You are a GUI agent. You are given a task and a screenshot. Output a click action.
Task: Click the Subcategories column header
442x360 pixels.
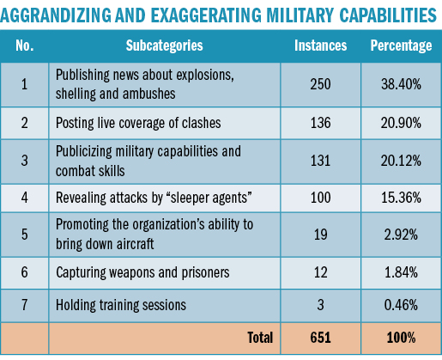tap(164, 46)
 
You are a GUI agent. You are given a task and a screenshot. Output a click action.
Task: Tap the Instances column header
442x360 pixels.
tap(320, 46)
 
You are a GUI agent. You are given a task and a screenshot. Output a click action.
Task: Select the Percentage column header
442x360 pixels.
tap(401, 46)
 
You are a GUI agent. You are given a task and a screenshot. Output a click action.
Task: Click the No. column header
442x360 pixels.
tap(25, 46)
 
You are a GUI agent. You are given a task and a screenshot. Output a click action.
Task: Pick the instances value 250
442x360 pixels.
tap(320, 84)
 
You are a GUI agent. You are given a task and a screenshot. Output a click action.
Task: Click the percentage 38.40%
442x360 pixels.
tap(401, 84)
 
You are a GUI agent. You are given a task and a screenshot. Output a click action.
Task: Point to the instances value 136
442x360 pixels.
tap(320, 123)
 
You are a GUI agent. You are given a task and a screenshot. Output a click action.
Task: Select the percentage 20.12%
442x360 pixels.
tap(401, 161)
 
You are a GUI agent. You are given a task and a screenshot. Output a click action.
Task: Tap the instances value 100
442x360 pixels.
tap(320, 198)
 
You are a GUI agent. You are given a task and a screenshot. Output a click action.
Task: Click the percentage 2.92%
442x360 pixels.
tap(401, 235)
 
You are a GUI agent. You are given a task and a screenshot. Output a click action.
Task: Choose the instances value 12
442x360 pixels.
tap(320, 272)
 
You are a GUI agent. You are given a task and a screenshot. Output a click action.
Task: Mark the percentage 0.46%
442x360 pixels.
tap(401, 305)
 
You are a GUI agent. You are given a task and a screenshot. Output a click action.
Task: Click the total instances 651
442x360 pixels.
tap(320, 338)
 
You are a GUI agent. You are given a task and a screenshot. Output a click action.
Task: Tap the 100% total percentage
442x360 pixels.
tap(401, 338)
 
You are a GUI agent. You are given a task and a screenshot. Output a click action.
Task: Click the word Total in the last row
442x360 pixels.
tap(260, 338)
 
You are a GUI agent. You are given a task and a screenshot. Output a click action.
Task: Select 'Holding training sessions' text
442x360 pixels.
tap(121, 305)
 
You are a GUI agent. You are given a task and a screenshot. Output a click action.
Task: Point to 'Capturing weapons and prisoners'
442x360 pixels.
tap(142, 272)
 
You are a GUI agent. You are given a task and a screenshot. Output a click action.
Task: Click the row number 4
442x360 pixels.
tap(25, 198)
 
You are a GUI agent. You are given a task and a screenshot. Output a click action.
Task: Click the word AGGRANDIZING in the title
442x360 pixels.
tap(56, 15)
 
